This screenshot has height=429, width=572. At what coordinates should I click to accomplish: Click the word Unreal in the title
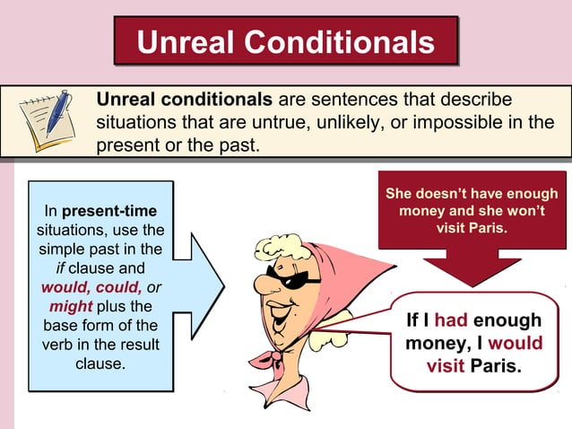pos(185,42)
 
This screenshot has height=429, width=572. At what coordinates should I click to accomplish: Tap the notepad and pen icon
pos(46,120)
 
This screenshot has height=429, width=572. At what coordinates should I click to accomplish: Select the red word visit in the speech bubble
pos(446,367)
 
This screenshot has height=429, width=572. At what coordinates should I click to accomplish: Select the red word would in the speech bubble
pos(516,344)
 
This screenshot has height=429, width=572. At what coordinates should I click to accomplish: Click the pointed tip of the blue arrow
pos(224,287)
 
